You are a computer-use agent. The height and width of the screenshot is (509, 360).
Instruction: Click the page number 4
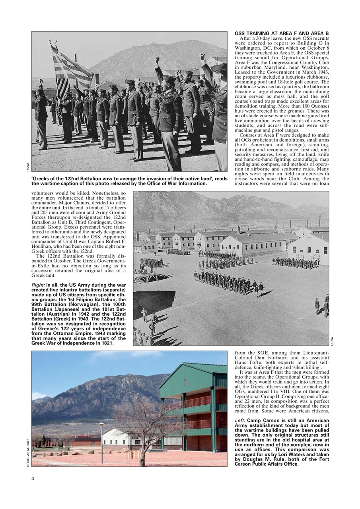(33, 478)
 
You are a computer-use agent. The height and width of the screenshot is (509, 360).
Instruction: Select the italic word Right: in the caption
(38, 285)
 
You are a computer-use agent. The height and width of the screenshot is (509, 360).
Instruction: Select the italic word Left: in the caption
(240, 420)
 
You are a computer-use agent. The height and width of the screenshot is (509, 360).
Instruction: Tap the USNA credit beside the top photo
(28, 167)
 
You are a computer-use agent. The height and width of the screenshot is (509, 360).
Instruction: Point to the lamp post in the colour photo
(101, 441)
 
